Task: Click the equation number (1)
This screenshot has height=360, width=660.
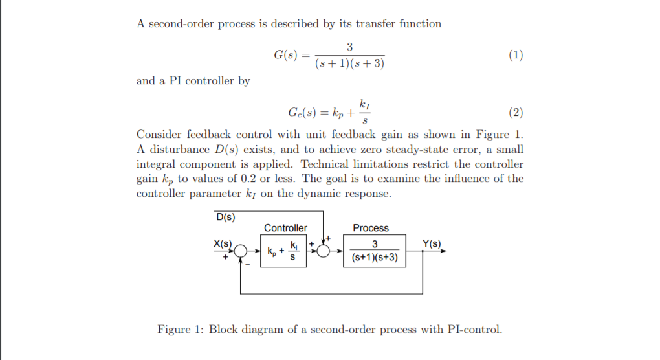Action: tap(516, 55)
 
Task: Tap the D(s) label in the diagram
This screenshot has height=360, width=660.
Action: tap(225, 216)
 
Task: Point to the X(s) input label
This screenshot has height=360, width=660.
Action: tap(223, 243)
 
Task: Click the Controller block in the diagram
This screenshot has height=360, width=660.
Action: tap(285, 251)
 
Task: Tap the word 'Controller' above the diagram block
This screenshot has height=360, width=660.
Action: tap(285, 228)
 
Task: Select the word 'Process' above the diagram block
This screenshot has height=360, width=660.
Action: tap(371, 228)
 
